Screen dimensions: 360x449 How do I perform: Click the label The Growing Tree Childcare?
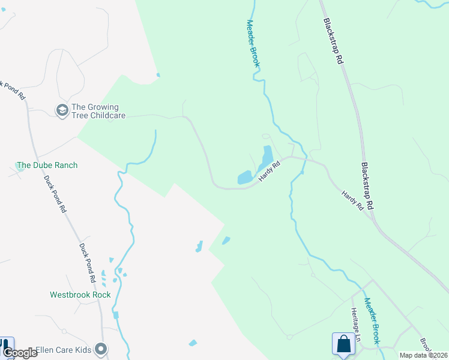pyautogui.click(x=98, y=111)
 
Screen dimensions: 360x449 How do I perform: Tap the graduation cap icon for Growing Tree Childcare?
pyautogui.click(x=62, y=110)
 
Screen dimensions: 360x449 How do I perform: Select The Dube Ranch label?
pyautogui.click(x=47, y=165)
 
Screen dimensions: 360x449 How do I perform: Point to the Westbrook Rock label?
pyautogui.click(x=80, y=295)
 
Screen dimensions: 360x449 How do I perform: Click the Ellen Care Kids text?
pyautogui.click(x=62, y=349)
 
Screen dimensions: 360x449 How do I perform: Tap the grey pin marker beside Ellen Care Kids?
pyautogui.click(x=101, y=349)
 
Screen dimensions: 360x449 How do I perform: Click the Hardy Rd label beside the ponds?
pyautogui.click(x=270, y=172)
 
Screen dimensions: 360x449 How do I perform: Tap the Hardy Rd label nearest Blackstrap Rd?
pyautogui.click(x=352, y=200)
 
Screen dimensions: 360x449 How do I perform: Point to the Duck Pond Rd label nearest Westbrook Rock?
pyautogui.click(x=88, y=262)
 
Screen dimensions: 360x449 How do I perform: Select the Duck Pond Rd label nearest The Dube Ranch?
pyautogui.click(x=54, y=194)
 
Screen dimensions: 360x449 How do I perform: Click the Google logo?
pyautogui.click(x=20, y=353)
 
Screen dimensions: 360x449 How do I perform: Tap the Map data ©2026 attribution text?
pyautogui.click(x=423, y=355)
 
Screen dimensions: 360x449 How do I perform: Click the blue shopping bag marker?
pyautogui.click(x=343, y=344)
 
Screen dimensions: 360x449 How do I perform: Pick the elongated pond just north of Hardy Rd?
pyautogui.click(x=265, y=158)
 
